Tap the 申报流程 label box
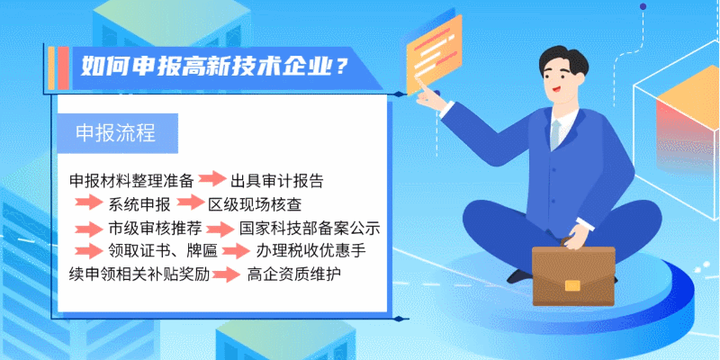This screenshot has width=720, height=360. click(117, 133)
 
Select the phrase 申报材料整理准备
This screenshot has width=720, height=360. click(131, 181)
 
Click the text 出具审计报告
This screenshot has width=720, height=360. click(277, 181)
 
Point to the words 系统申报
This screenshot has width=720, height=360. click(139, 204)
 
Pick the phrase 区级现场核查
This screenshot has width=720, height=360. click(256, 204)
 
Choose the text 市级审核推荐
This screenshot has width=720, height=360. click(155, 228)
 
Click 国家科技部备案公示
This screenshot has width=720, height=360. click(310, 228)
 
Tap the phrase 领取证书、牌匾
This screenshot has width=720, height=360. click(163, 251)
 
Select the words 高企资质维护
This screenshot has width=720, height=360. click(294, 274)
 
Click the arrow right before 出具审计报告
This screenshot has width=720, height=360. click(212, 178)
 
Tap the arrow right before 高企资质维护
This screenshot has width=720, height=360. click(226, 274)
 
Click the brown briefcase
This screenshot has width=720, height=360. click(573, 274)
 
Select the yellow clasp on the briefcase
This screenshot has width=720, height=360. click(572, 285)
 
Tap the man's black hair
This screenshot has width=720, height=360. click(563, 59)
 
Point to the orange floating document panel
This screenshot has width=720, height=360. click(434, 54)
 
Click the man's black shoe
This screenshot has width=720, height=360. click(519, 276)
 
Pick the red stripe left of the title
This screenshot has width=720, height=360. click(64, 68)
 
